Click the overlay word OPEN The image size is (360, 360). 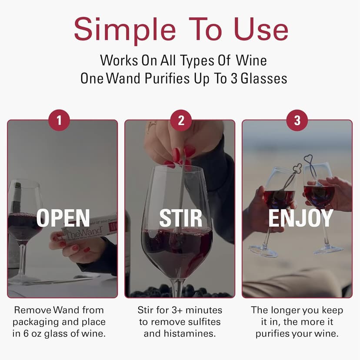tap(63, 218)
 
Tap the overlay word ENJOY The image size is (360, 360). tap(300, 218)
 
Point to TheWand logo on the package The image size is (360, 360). tap(78, 230)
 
